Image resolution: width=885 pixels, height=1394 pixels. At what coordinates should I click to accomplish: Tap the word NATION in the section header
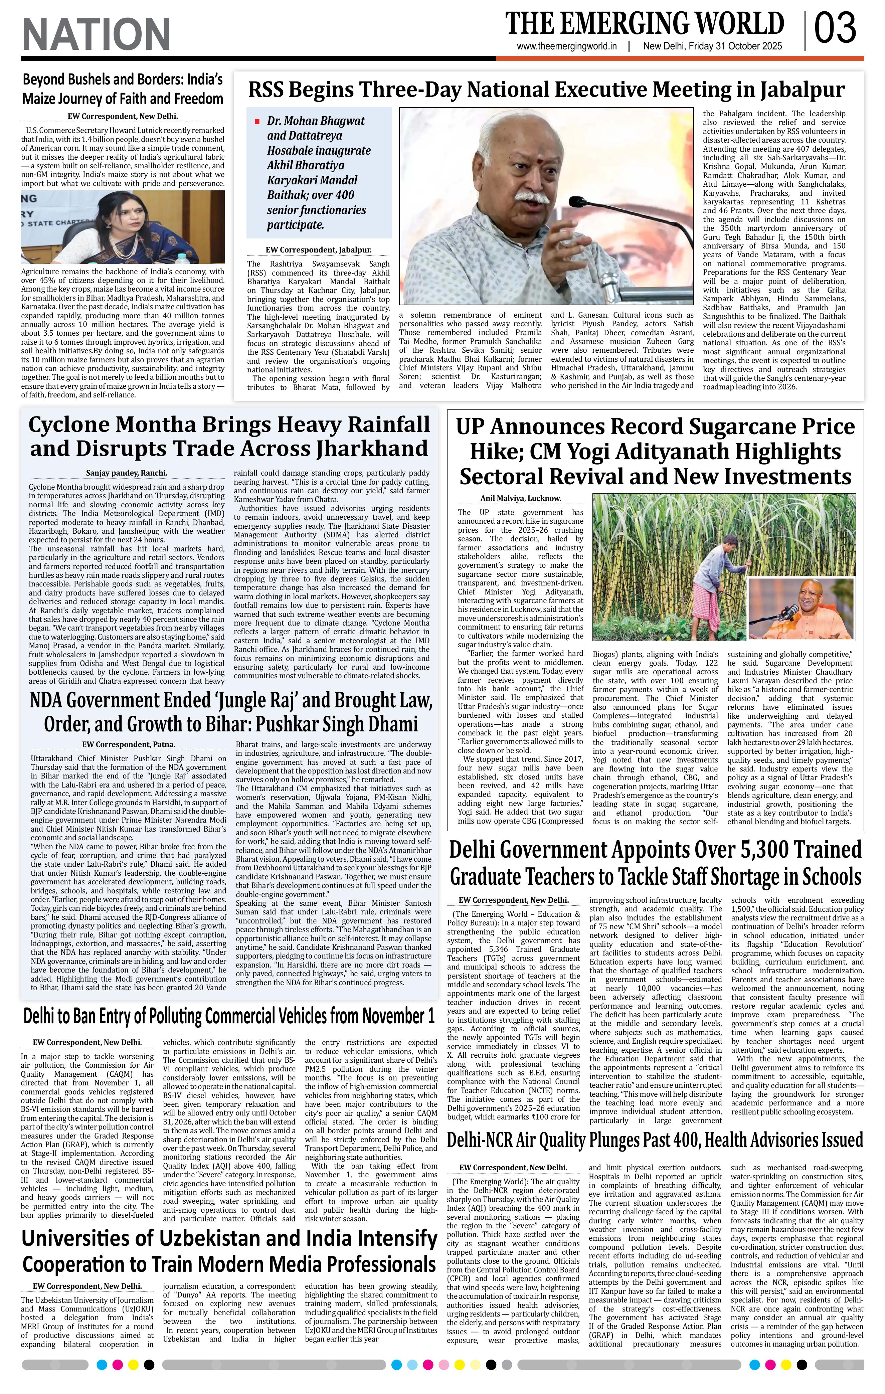pos(96,34)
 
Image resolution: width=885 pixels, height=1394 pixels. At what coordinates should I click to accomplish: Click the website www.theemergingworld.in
pos(567,47)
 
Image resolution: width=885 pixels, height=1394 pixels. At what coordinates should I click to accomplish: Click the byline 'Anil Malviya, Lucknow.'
pos(520,498)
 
